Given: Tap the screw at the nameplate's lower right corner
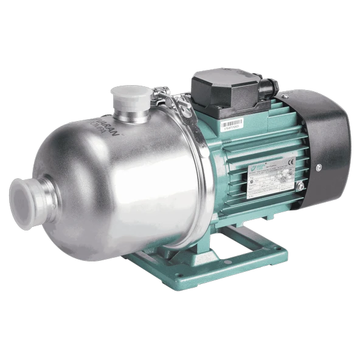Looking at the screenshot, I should tap(300, 184).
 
